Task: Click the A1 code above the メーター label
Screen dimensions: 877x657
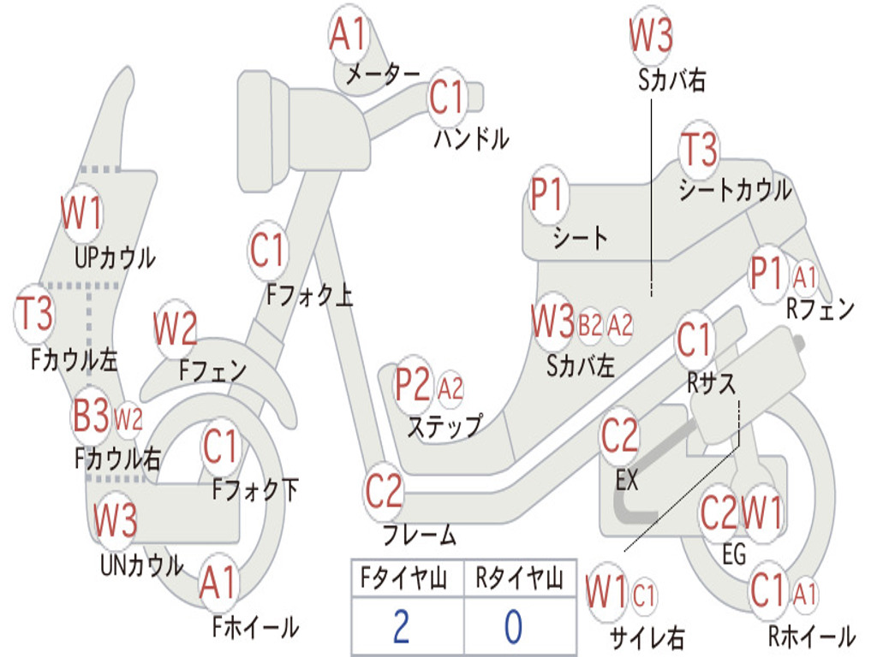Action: coord(348,33)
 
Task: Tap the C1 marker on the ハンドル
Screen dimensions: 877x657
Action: coord(447,97)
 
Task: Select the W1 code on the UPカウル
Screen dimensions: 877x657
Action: coord(81,213)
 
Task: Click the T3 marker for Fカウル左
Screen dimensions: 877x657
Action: coord(34,313)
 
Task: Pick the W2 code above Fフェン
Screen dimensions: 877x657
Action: coord(175,328)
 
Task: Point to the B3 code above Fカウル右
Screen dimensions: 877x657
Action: coord(91,416)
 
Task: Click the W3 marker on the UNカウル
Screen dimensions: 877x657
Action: coord(115,519)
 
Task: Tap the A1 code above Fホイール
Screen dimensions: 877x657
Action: coord(218,582)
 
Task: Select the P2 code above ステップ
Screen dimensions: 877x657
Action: coord(414,384)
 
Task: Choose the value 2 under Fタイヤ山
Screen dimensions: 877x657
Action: coord(401,626)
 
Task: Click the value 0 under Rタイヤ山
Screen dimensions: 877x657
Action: coord(514,626)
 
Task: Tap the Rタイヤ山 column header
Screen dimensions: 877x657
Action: coord(519,577)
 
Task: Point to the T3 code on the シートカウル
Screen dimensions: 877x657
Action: coord(699,149)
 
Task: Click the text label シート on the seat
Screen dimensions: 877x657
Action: coord(580,238)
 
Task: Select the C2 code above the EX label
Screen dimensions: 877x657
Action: coord(619,435)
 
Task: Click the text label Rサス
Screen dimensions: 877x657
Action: coord(711,383)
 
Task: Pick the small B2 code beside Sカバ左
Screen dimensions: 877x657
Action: coord(589,324)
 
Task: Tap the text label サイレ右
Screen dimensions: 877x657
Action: coord(647,637)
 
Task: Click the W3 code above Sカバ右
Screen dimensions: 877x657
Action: coord(651,34)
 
